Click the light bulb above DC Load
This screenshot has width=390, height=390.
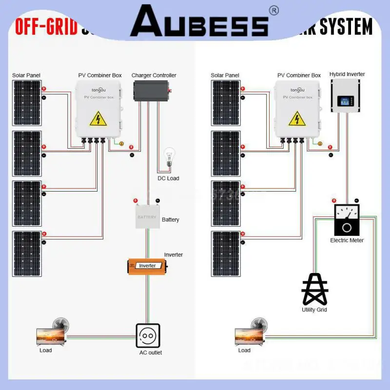click(169, 157)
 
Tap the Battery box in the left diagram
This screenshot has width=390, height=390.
click(147, 217)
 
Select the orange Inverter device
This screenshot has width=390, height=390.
click(147, 266)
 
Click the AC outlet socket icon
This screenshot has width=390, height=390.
click(148, 335)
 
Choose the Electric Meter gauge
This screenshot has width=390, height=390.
click(347, 220)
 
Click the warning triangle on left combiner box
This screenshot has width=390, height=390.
click(98, 119)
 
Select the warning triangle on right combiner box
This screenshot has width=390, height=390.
click(297, 119)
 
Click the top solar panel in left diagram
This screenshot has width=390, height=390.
click(27, 103)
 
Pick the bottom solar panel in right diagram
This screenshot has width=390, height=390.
click(226, 253)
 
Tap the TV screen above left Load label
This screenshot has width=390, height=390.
click(51, 336)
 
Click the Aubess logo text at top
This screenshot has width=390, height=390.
click(199, 22)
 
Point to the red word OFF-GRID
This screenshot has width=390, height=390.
click(46, 27)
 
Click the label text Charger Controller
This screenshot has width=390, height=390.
click(154, 76)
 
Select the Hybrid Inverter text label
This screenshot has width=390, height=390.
click(347, 74)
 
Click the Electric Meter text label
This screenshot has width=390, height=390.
click(347, 240)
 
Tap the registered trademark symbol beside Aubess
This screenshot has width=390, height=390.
click(273, 10)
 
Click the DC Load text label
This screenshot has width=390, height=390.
click(168, 178)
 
